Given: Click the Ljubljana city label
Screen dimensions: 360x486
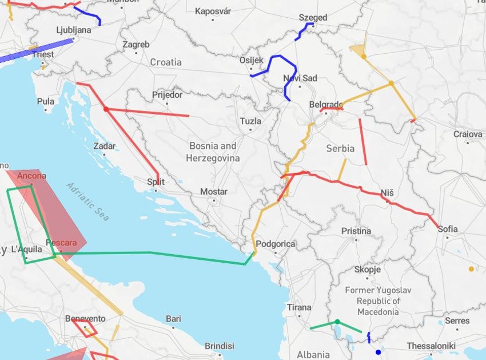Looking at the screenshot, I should click(x=74, y=30).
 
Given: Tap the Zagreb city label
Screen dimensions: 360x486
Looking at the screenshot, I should click(x=136, y=44).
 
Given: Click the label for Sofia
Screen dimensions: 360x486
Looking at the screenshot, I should click(x=448, y=229).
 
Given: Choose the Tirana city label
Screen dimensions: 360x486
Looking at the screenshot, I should click(x=299, y=307).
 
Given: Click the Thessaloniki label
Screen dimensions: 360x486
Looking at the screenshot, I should click(x=431, y=346).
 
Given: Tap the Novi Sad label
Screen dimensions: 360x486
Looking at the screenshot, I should click(x=300, y=78).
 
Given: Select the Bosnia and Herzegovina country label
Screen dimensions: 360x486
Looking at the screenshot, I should click(x=214, y=152).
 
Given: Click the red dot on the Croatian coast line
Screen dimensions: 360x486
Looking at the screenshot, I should click(x=106, y=109).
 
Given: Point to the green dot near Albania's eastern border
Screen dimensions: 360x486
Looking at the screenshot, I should click(x=337, y=322).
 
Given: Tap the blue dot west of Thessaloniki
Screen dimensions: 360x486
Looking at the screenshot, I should click(x=377, y=351).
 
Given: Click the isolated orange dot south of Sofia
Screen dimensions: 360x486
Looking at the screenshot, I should click(x=471, y=268).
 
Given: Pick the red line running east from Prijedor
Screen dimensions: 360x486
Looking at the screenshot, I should click(x=149, y=112).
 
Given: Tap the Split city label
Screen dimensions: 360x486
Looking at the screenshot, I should click(x=156, y=182).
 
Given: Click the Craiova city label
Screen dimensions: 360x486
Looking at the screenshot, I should click(x=468, y=134).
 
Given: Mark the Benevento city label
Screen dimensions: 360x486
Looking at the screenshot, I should click(x=85, y=318).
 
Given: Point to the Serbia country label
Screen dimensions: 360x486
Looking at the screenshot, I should click(x=340, y=148).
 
